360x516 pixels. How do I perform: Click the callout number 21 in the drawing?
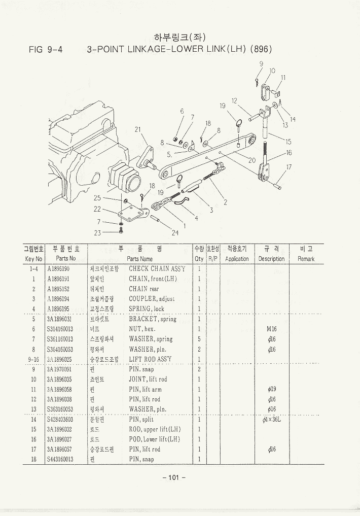coord(137,129)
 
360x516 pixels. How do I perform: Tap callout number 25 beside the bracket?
coord(97,198)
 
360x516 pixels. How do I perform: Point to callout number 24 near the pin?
coord(175,233)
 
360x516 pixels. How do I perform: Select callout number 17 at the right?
coord(289,167)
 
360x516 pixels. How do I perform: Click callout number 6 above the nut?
coord(182,111)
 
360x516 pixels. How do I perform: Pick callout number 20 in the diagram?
coord(252,160)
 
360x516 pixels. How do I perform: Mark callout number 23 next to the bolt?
coord(97,233)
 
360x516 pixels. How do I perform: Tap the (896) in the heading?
coord(261,50)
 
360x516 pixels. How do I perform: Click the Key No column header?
coord(33,259)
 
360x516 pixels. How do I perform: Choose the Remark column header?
coord(306,259)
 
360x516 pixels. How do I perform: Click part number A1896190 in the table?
coord(58,269)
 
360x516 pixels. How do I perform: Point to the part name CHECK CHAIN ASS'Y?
coord(157,269)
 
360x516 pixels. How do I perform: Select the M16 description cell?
coord(271,329)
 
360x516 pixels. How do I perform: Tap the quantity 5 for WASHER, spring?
coord(199,339)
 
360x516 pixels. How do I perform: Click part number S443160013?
coord(60,459)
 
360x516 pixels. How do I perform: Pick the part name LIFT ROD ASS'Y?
coord(151,359)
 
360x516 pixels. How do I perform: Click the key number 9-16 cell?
coord(33,359)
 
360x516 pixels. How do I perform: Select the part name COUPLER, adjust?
coord(152,299)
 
